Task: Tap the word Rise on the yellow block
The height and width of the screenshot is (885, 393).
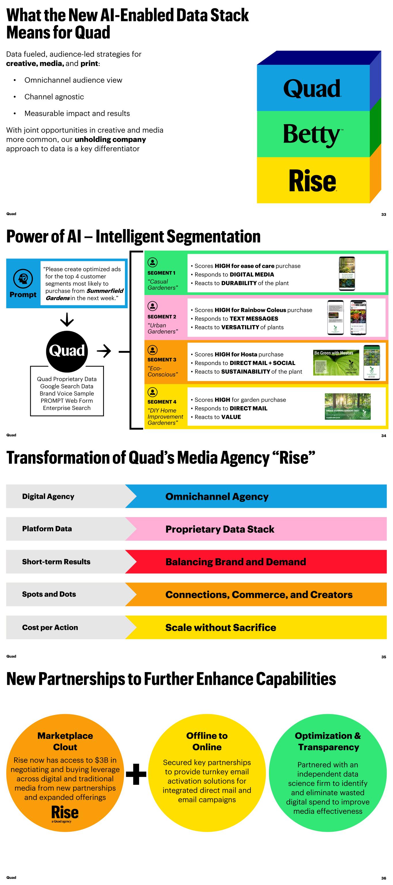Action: click(312, 181)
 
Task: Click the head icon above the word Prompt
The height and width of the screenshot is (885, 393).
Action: click(23, 278)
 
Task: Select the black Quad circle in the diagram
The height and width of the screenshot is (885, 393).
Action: click(67, 351)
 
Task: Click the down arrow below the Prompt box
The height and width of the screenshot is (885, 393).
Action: click(67, 319)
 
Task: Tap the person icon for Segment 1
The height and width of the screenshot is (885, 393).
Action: click(152, 262)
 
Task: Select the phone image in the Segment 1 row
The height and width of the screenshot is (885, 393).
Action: click(347, 273)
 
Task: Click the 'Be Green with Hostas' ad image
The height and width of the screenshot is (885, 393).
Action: click(336, 363)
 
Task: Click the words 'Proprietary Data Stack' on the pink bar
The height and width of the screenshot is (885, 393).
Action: click(220, 529)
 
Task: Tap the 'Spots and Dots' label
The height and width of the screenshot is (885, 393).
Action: click(49, 594)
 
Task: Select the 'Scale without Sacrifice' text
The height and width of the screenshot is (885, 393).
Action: click(221, 627)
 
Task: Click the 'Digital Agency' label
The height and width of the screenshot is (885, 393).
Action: click(48, 496)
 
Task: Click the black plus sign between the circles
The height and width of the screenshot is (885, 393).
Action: click(136, 774)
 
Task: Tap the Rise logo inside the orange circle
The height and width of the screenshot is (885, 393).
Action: click(65, 813)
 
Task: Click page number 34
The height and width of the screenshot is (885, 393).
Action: click(383, 436)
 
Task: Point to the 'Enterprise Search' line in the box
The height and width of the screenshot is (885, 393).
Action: click(67, 408)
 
